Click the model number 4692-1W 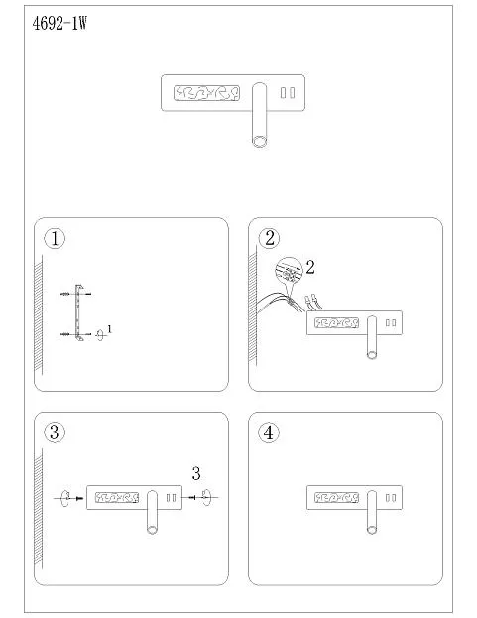point(60,24)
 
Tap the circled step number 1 point(55,238)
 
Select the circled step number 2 point(270,238)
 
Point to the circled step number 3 point(55,432)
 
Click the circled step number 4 point(269,433)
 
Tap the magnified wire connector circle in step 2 point(289,271)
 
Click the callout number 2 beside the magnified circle point(310,267)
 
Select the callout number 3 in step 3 point(196,473)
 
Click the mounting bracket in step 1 point(77,312)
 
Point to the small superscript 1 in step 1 point(109,329)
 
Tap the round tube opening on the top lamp point(259,141)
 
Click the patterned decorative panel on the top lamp point(206,93)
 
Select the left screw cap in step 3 point(65,498)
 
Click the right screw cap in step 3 point(207,498)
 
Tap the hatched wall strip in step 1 point(39,313)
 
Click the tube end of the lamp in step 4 point(372,530)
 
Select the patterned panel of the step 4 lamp point(336,497)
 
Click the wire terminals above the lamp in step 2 point(314,302)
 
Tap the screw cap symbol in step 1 point(100,334)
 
